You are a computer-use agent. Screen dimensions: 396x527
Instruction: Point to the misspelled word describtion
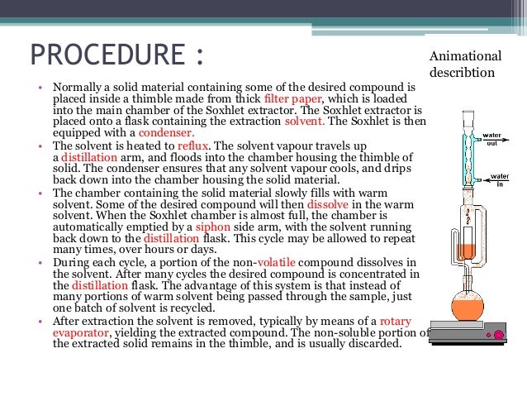pyautogui.click(x=463, y=72)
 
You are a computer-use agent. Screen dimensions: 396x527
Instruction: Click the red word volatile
pyautogui.click(x=278, y=262)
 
